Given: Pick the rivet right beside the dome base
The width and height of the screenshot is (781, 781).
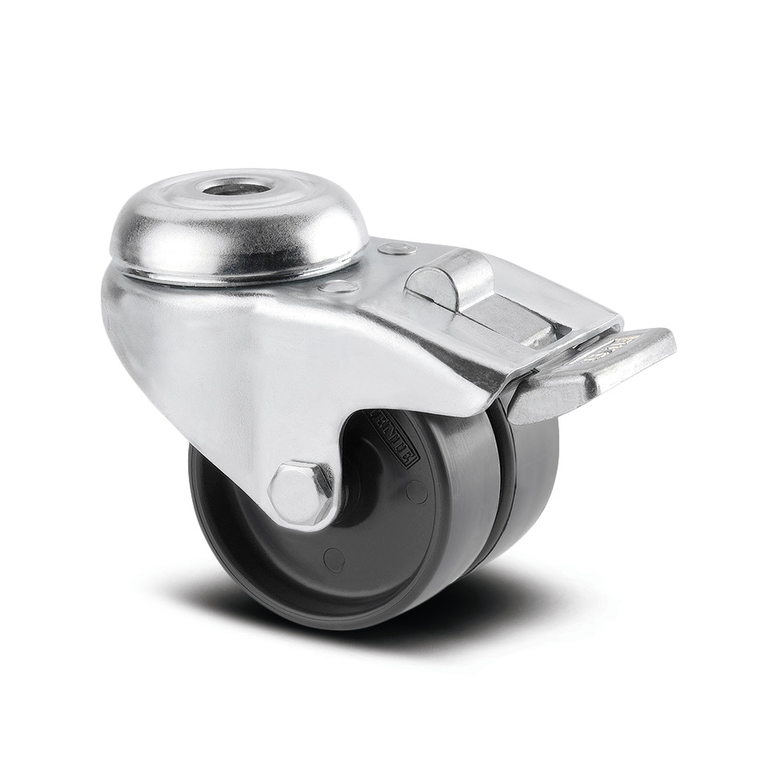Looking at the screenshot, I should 339,287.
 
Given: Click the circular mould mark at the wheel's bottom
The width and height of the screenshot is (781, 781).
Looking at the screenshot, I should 334,559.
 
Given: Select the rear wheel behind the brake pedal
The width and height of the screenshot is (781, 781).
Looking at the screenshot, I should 531,484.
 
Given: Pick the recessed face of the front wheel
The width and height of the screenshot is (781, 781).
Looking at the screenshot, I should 258,547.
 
